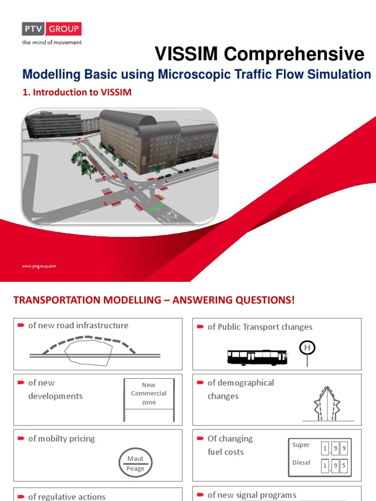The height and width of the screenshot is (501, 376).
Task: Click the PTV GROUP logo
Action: (x=51, y=29)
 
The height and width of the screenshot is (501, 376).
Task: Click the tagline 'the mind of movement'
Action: (x=51, y=43)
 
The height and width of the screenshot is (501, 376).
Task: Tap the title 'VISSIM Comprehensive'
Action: (x=259, y=54)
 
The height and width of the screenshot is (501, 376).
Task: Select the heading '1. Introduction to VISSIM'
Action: (x=77, y=92)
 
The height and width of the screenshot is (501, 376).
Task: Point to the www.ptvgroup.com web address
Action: (x=39, y=266)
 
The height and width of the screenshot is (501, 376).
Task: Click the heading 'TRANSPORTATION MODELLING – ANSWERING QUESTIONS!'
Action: (x=154, y=300)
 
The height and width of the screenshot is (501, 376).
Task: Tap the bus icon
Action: (x=258, y=357)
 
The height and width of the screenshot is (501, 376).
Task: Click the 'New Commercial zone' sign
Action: (x=148, y=394)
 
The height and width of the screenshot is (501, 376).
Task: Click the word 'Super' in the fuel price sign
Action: (x=301, y=445)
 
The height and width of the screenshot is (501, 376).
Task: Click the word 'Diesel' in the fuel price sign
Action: (x=301, y=462)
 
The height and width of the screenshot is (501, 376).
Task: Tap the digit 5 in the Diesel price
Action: (x=344, y=466)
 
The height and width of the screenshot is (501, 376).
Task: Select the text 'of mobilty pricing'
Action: (x=62, y=438)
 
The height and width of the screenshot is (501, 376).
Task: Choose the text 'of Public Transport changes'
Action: (x=259, y=327)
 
